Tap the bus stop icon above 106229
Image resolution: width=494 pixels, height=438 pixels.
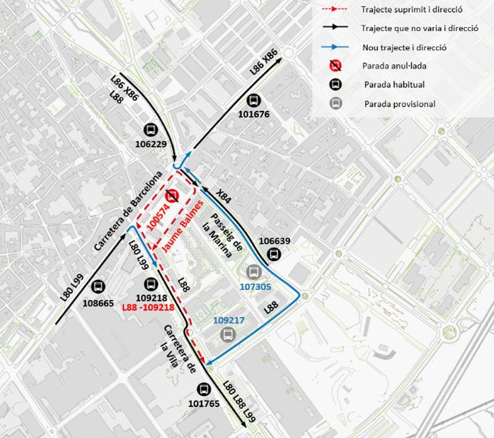(150, 130)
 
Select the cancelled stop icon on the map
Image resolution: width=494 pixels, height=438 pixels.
(172, 196)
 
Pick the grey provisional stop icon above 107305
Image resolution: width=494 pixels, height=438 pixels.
(252, 272)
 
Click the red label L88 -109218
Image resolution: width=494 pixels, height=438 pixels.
(149, 308)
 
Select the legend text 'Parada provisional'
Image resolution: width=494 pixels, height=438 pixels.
(399, 104)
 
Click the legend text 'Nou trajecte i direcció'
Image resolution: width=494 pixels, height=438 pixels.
(405, 48)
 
